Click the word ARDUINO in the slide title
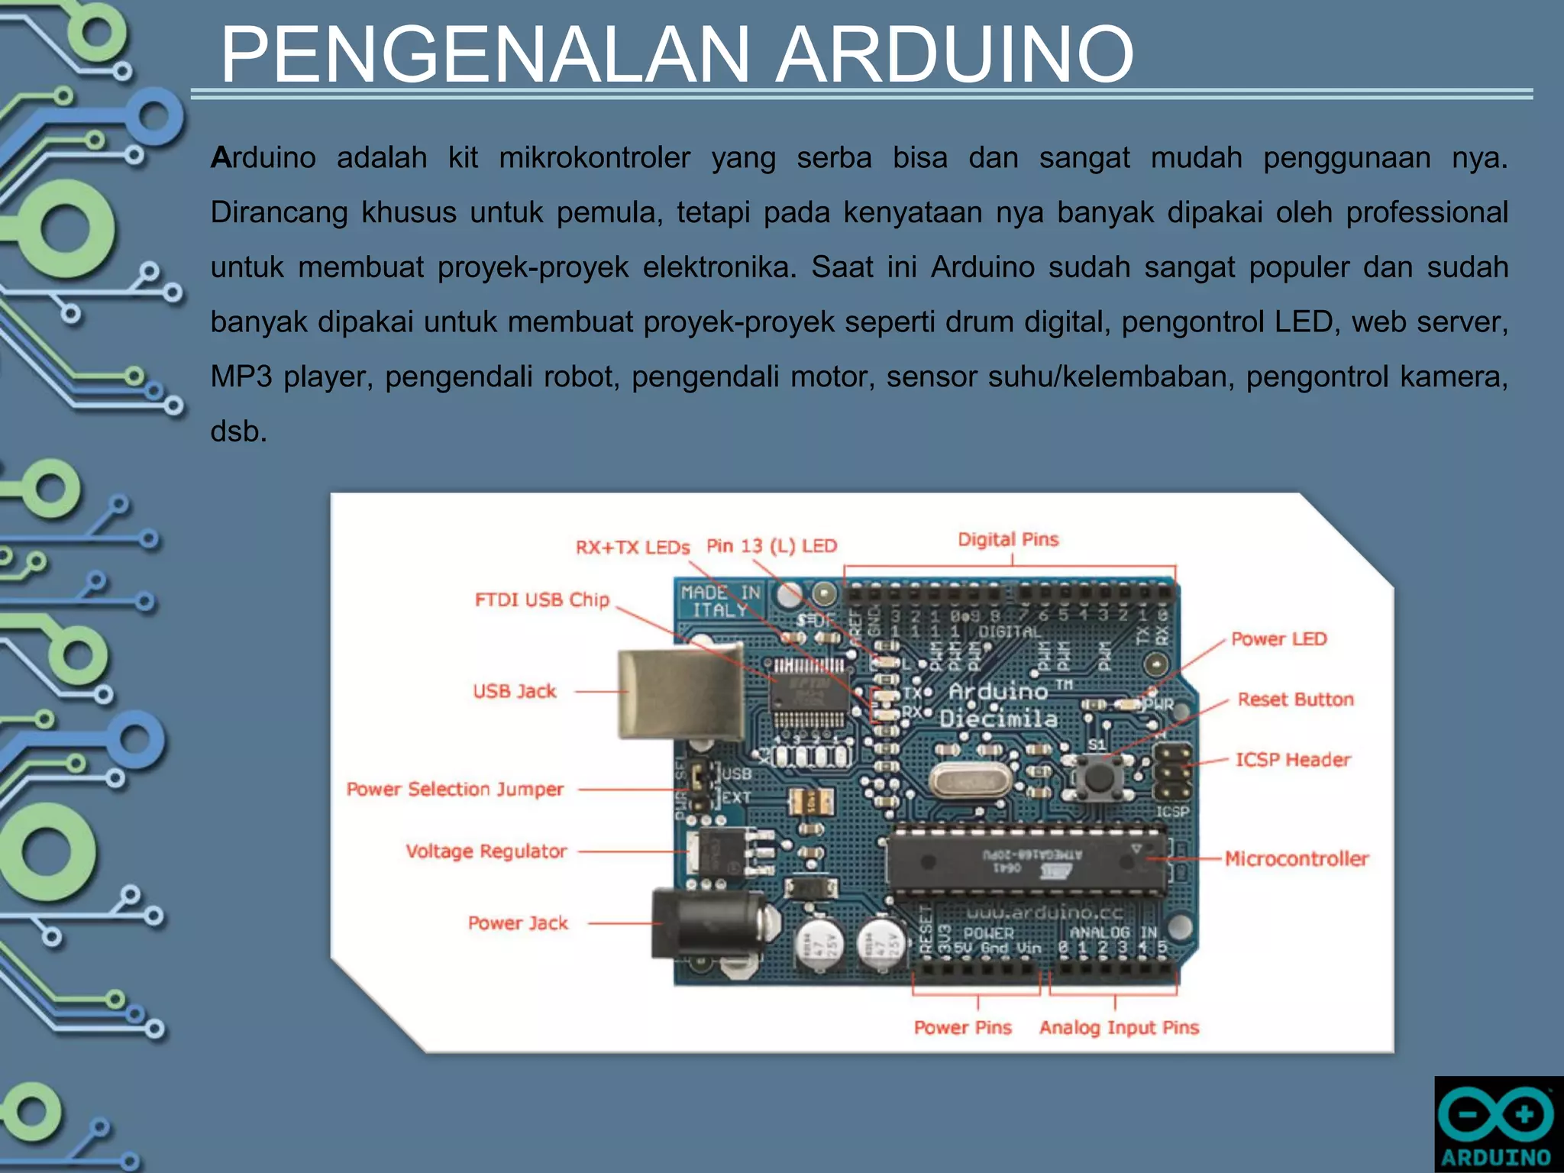coord(955,55)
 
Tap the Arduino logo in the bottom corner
coord(1498,1124)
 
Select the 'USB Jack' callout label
coord(515,691)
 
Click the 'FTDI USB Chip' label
coord(542,599)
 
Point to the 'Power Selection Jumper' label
coord(455,789)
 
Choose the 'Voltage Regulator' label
coord(486,851)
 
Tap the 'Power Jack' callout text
coord(518,923)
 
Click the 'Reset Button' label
coord(1295,700)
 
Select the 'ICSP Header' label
coord(1293,760)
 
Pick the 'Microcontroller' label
coord(1297,858)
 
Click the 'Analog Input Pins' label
coord(1119,1027)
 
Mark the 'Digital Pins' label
coord(1008,540)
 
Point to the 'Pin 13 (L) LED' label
coord(771,546)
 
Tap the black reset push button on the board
coord(1098,777)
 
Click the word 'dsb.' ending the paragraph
coord(239,431)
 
